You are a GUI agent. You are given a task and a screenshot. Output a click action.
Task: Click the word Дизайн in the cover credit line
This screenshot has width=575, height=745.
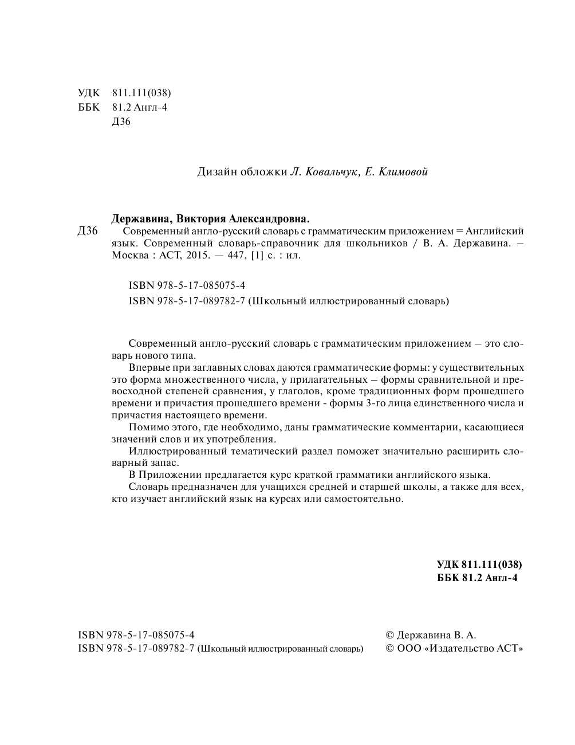tap(215, 172)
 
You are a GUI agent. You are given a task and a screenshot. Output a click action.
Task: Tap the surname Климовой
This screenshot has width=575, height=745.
tap(402, 172)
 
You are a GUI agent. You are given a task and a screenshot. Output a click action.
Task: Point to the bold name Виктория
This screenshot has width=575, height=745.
tap(201, 218)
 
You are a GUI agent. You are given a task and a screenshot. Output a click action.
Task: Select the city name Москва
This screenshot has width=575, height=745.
tap(128, 256)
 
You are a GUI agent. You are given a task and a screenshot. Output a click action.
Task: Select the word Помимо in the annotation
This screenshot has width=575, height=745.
tap(147, 428)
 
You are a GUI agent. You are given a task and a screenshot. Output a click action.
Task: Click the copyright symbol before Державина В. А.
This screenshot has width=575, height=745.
tap(391, 635)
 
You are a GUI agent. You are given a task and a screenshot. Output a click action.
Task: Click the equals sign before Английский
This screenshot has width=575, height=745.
tap(458, 232)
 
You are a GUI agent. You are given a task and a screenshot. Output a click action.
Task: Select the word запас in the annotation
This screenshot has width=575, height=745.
tap(166, 463)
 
